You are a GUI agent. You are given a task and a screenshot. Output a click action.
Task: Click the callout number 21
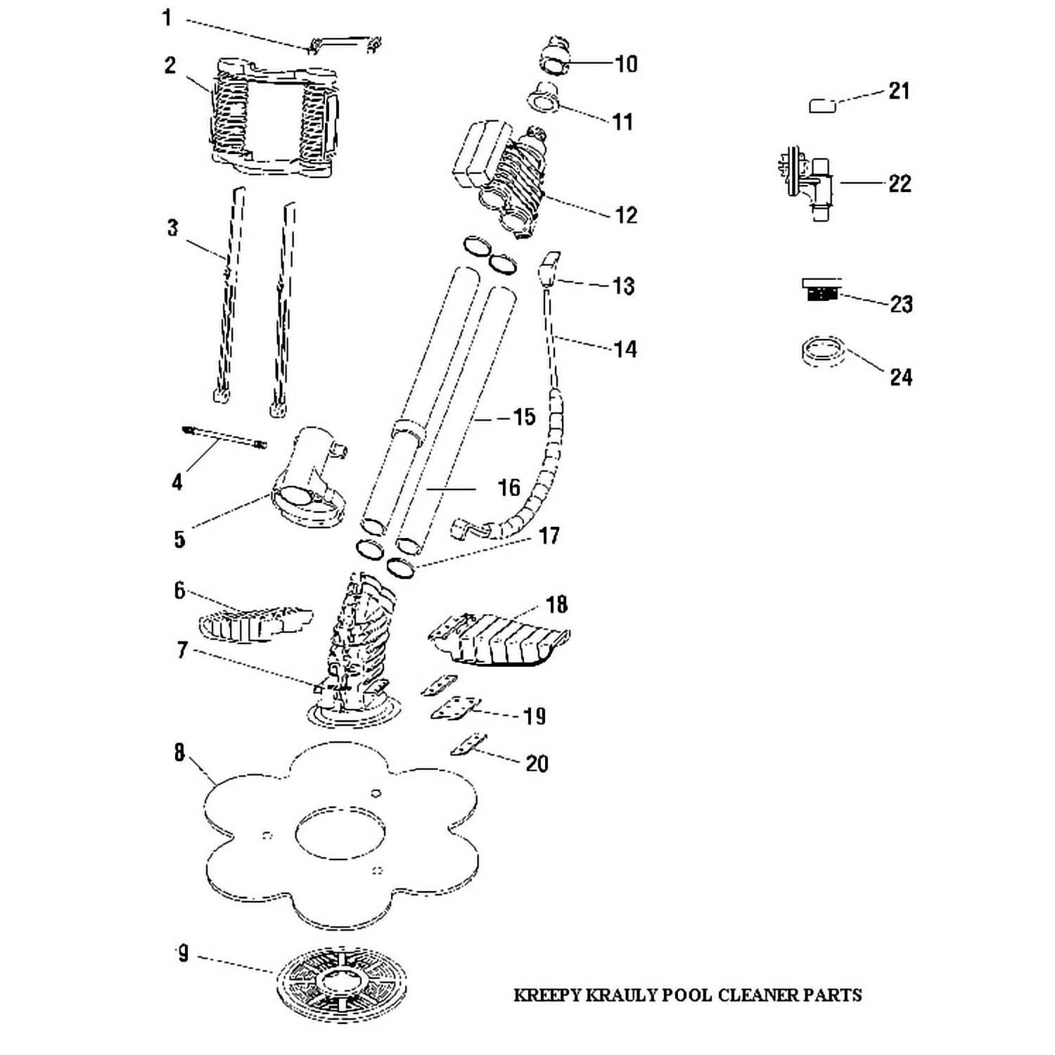[x=899, y=91]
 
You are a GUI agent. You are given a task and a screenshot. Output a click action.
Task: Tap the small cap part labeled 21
[x=821, y=105]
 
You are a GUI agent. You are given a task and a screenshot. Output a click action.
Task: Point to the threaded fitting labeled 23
[x=820, y=289]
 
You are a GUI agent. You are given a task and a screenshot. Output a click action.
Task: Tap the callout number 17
[x=549, y=536]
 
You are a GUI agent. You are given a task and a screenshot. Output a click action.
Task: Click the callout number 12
[x=625, y=215]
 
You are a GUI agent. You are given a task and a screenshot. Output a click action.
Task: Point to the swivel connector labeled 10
[x=559, y=53]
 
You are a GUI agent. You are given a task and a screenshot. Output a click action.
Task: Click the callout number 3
[x=172, y=229]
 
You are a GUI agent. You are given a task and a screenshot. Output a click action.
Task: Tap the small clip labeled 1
[x=345, y=44]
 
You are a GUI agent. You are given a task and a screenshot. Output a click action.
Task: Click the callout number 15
[x=524, y=417]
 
